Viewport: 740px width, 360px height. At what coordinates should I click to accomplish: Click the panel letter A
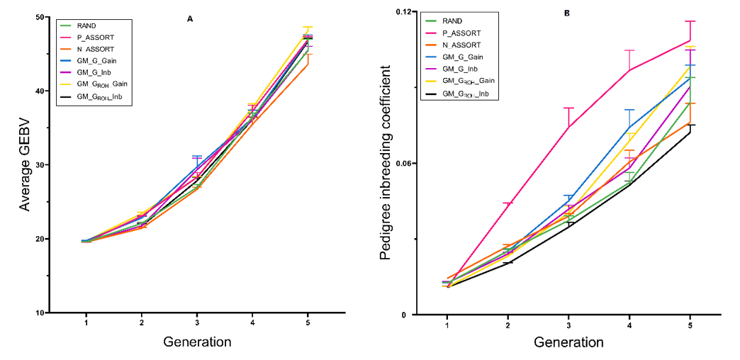click(190, 19)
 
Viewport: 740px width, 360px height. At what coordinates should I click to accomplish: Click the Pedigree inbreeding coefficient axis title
click(386, 163)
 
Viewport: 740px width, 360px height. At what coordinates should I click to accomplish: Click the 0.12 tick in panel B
click(403, 12)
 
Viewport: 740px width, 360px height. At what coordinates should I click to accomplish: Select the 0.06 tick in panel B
click(403, 164)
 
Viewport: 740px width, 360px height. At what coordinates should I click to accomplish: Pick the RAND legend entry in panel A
click(86, 26)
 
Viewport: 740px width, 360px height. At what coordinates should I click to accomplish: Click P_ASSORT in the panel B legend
click(461, 33)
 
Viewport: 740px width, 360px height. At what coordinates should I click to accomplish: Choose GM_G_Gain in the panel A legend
click(96, 61)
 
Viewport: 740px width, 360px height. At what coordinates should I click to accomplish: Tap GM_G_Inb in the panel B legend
click(459, 69)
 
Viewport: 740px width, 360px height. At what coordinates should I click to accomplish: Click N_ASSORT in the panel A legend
click(96, 49)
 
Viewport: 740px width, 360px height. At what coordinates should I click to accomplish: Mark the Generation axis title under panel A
click(197, 342)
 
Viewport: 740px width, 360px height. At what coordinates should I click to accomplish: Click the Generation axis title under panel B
click(568, 342)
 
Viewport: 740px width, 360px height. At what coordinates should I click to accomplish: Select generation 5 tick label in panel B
click(690, 325)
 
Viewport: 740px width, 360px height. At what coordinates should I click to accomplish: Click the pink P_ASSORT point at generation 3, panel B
click(568, 127)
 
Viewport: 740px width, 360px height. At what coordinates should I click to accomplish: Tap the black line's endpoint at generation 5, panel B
click(690, 133)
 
